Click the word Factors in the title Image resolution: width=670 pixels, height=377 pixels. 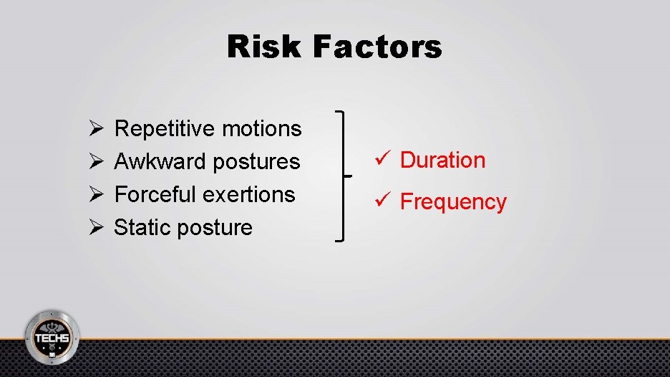point(377,47)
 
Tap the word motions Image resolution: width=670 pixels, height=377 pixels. point(262,129)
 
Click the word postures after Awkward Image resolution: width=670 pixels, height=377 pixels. point(256,162)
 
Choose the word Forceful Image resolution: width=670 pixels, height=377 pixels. point(156,195)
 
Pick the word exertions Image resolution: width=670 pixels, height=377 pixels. point(249,195)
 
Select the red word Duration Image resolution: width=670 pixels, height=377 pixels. point(442,161)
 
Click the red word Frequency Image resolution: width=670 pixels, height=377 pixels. point(453,203)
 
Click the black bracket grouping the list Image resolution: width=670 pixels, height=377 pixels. point(345,176)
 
